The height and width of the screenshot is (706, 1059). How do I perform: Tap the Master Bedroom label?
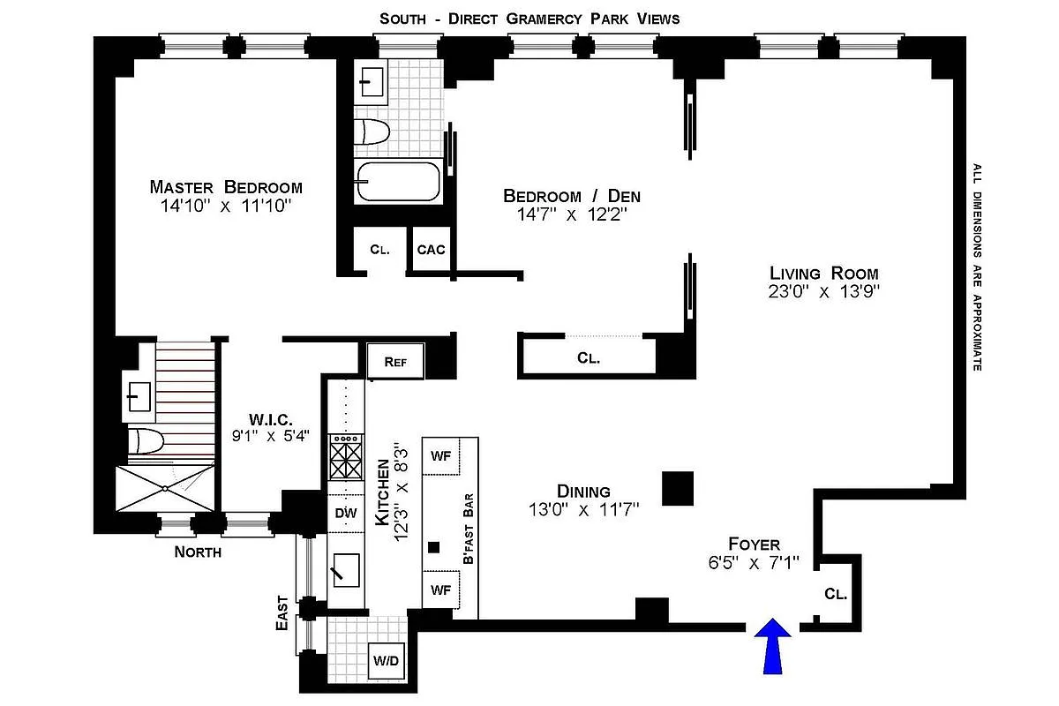coord(226,187)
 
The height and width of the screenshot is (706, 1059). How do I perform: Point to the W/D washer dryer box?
coord(384,660)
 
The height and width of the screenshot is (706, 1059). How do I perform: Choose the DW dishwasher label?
coord(345,512)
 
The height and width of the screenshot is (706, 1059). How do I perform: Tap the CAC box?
coord(431,250)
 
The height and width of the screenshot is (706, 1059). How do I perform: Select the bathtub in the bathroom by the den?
coord(397,182)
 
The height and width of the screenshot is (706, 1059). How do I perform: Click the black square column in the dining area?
coord(679,488)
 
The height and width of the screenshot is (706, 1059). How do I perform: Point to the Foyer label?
coord(754,544)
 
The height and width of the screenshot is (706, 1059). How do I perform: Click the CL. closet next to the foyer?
coord(836,594)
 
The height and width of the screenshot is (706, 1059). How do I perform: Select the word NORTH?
coord(198,553)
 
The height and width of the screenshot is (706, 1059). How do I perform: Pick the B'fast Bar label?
coord(469,529)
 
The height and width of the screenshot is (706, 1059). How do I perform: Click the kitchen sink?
coord(345,569)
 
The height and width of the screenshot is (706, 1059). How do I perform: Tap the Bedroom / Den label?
coord(572,196)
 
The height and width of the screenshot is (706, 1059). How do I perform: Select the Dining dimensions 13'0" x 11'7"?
coord(583,509)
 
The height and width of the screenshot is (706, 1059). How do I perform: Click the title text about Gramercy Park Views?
coord(529,18)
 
